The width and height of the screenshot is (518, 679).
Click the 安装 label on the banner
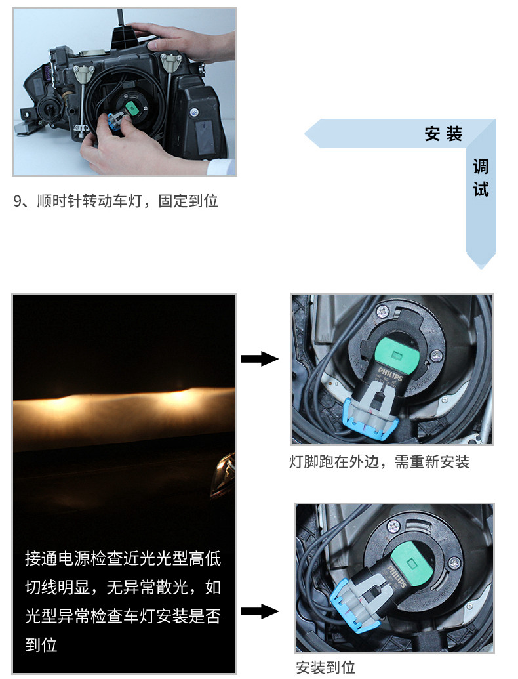pyautogui.click(x=443, y=133)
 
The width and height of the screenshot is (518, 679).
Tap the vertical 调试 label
pyautogui.click(x=481, y=178)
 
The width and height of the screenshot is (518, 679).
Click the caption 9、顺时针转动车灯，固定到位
pyautogui.click(x=115, y=201)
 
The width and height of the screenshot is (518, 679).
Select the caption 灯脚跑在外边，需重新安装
pyautogui.click(x=379, y=462)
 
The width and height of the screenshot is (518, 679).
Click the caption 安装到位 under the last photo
pyautogui.click(x=325, y=667)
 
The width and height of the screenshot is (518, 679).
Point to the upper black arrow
pyautogui.click(x=260, y=359)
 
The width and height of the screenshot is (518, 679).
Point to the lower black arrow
pyautogui.click(x=260, y=611)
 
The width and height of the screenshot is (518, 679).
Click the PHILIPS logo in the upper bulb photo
pyautogui.click(x=390, y=374)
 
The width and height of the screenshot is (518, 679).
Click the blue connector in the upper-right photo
pyautogui.click(x=369, y=421)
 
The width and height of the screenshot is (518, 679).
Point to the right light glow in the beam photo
pyautogui.click(x=178, y=397)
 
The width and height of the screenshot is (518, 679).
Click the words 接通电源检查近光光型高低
pyautogui.click(x=123, y=558)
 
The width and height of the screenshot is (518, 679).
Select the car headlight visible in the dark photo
pyautogui.click(x=224, y=475)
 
